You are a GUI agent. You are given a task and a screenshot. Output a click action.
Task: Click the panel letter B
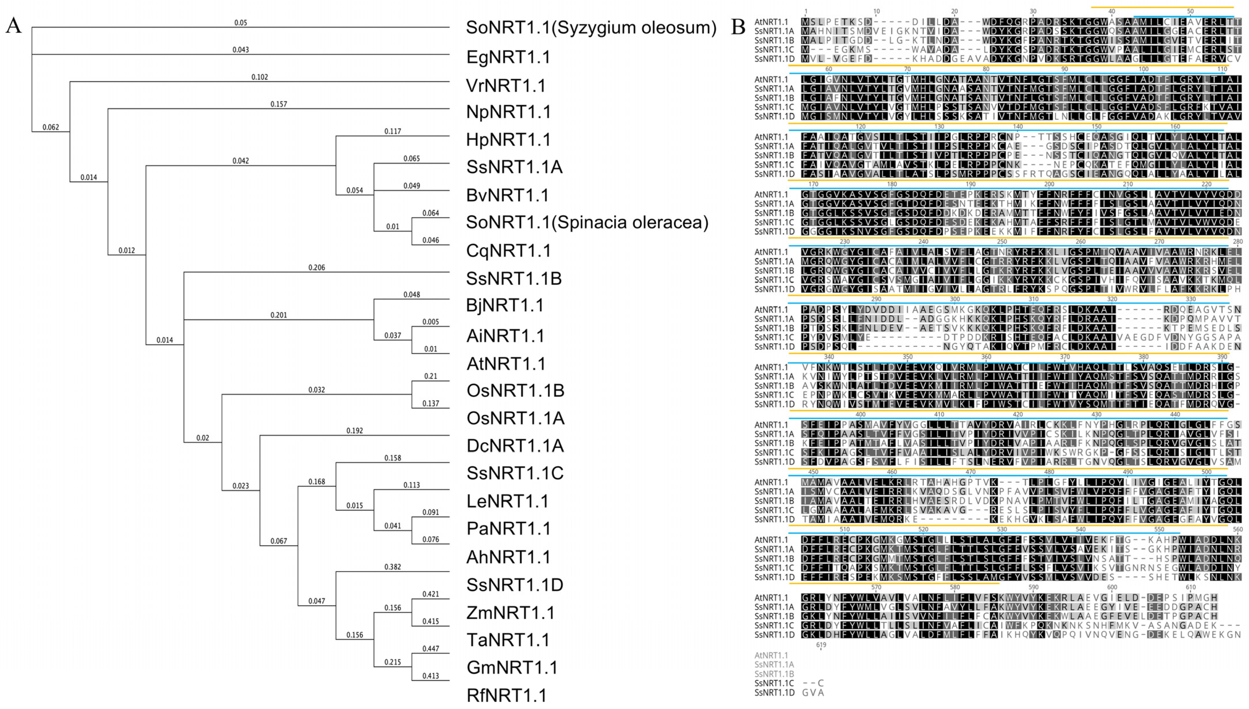[738, 27]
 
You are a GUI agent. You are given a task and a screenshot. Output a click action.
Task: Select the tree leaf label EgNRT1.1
[508, 57]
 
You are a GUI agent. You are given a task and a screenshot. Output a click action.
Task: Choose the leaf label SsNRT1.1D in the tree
[514, 584]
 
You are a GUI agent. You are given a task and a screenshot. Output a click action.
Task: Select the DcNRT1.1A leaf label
[514, 445]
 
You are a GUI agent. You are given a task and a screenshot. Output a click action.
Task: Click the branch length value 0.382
[393, 567]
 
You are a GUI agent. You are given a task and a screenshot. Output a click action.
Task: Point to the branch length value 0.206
[317, 267]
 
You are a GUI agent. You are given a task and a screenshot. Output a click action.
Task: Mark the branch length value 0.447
[430, 648]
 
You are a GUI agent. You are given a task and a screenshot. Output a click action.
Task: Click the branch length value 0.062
[51, 127]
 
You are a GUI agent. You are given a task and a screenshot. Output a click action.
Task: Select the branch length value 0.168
[317, 482]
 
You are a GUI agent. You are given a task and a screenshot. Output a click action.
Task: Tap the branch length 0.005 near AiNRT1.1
[430, 322]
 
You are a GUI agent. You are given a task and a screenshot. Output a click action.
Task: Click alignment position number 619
[821, 645]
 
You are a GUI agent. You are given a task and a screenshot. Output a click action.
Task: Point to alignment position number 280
[1237, 241]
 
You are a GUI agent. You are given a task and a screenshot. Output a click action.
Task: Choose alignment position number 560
[1237, 529]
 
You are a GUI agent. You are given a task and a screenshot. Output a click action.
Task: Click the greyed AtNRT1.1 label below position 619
[771, 655]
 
